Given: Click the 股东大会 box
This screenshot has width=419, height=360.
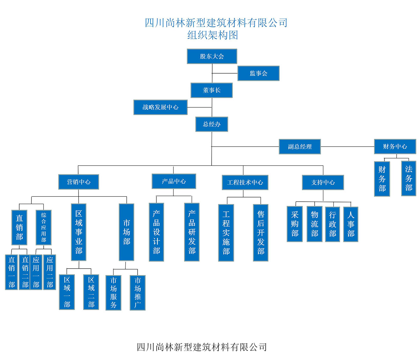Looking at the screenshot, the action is (x=212, y=56).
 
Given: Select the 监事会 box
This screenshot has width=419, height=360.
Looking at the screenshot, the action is (x=258, y=73).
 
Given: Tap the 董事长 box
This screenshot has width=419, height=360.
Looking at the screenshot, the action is (x=212, y=90).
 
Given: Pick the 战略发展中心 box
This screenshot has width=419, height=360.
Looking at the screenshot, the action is (x=160, y=107).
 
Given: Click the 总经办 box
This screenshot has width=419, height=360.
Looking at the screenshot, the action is (x=212, y=124).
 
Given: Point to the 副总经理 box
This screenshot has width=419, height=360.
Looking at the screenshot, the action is (x=300, y=147).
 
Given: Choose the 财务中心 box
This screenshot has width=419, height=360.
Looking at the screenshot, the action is (x=395, y=147).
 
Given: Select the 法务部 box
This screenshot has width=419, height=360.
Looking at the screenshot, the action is (x=408, y=178).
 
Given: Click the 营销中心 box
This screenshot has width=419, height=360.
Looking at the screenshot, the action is (x=79, y=182).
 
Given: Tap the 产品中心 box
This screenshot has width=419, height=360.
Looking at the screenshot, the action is (x=174, y=181).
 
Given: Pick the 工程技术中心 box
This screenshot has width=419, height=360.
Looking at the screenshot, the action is (x=245, y=182).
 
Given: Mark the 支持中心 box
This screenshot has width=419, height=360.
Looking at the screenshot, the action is (x=323, y=182).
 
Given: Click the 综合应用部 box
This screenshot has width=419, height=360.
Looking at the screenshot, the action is (x=43, y=227).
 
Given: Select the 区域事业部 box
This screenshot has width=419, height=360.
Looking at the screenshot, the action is (x=79, y=232).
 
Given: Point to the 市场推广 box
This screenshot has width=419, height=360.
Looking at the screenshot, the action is (x=138, y=293).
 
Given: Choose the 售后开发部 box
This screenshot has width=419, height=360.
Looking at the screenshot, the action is (x=260, y=233).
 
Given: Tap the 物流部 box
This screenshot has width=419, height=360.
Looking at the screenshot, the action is (x=314, y=224).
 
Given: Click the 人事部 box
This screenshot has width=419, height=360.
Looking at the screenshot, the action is (x=351, y=224).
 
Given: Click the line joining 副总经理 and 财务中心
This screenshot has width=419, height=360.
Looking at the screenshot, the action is (x=347, y=147).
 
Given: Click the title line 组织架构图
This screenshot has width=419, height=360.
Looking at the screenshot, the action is (x=212, y=35).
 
